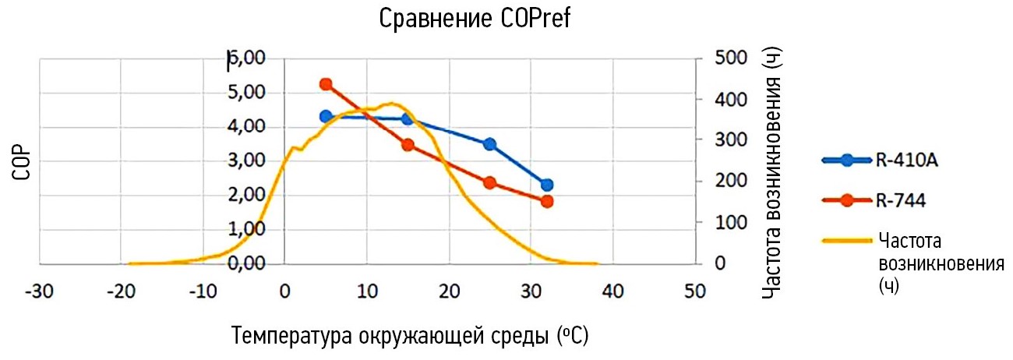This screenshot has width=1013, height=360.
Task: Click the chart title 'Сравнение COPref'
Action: pos(475,19)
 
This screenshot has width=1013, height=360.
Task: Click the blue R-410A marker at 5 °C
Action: pos(326,116)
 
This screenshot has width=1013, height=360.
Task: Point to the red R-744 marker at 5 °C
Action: pos(326,84)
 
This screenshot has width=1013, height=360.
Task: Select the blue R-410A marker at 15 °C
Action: pos(408,119)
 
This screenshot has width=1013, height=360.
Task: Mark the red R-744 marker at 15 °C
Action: pos(408,145)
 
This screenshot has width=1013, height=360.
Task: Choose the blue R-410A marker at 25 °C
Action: pos(489,144)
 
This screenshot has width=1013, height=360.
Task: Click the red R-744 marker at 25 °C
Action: pos(489,183)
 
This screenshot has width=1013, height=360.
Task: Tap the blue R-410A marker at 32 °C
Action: pos(546,185)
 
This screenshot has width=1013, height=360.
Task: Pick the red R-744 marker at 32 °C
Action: pos(546,201)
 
